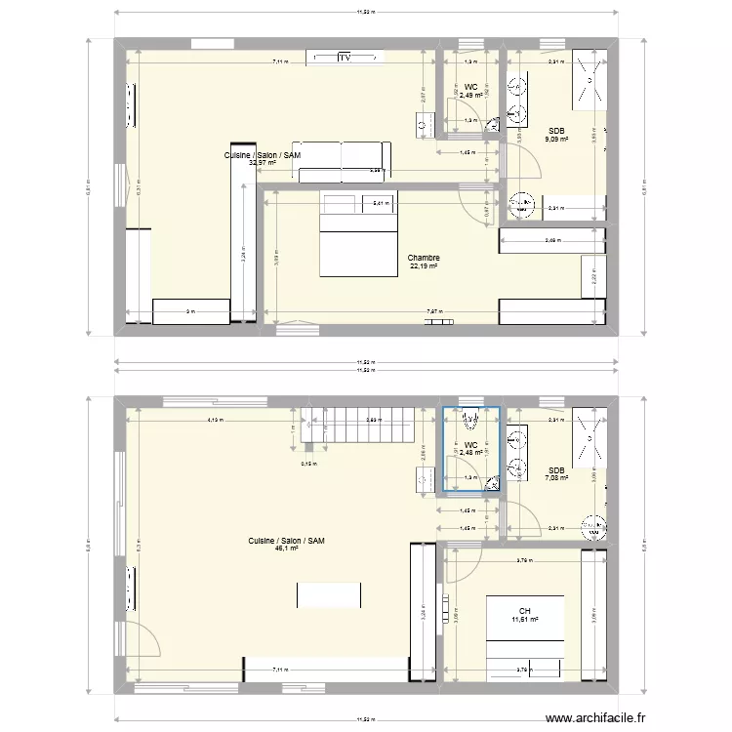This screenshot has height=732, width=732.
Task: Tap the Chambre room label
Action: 424,259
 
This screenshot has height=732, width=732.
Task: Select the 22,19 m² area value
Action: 424,266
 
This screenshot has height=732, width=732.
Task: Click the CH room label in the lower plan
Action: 524,609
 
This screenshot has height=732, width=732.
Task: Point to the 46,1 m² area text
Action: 286,549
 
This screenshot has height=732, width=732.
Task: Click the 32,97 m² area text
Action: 263,163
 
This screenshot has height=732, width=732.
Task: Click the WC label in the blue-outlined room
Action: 470,445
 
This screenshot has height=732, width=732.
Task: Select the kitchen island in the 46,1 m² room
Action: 330,595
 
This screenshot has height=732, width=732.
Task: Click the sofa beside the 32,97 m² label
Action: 346,161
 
